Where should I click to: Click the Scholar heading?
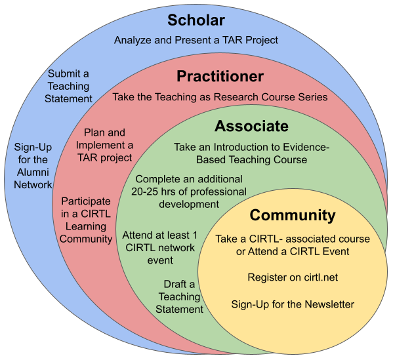(196, 20)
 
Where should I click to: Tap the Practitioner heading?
(220, 76)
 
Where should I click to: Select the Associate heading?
(251, 126)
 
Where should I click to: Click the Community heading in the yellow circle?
(293, 216)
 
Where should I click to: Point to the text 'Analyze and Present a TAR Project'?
(196, 40)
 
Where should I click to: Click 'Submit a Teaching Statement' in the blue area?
(68, 86)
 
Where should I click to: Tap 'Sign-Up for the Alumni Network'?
(33, 166)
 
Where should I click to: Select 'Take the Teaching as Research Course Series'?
(220, 97)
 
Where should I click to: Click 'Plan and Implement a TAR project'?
(104, 145)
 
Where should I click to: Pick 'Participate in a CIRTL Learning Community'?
(86, 220)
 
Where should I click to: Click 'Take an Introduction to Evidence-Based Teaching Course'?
(252, 153)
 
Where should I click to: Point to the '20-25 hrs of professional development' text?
(189, 198)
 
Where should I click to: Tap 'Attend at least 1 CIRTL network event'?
(160, 247)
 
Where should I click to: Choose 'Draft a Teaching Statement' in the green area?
(179, 296)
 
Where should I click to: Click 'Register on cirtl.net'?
(293, 277)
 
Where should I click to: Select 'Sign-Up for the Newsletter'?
(293, 304)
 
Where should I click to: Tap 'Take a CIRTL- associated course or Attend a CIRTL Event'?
(293, 245)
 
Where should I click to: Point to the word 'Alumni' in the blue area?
(33, 172)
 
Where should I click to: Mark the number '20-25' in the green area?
(144, 191)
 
